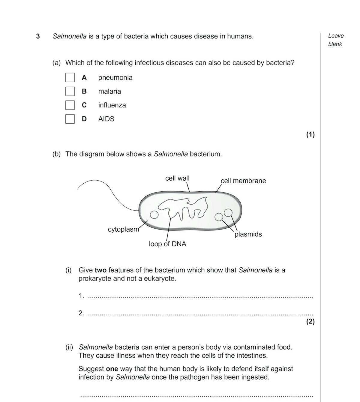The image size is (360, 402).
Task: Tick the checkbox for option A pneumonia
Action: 70,77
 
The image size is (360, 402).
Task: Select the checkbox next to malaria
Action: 70,91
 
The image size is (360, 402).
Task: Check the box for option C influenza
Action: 70,105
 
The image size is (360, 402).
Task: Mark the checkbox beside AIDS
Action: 70,119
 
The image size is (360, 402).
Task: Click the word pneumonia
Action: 115,77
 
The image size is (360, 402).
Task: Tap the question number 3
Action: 38,36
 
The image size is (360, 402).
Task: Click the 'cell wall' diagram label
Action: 177,178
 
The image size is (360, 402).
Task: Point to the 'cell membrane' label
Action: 243,181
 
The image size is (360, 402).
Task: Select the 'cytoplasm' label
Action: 124,229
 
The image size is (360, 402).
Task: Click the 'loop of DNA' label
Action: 167,244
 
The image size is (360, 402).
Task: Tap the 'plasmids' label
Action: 248,234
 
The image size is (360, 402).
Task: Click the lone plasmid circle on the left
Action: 154,214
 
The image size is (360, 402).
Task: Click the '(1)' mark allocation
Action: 310,134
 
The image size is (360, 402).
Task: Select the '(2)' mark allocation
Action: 310,322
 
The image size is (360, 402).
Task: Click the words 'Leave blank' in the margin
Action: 336,40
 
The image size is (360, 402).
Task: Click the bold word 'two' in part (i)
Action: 100,270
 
